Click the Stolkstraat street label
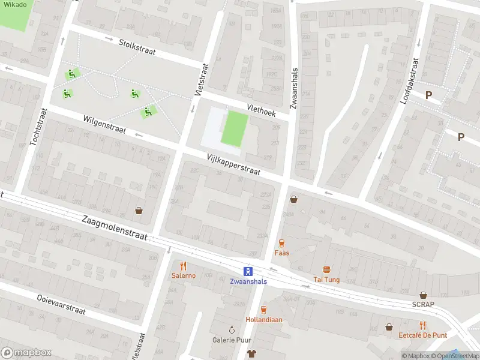[x=137, y=47]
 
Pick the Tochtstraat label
[x=38, y=127]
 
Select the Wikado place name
[x=13, y=4]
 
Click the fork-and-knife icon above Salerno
[x=184, y=266]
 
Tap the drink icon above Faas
[x=281, y=243]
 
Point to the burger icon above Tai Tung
[x=326, y=269]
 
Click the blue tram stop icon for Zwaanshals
[x=247, y=271]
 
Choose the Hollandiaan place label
[x=263, y=320]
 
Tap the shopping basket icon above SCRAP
[x=423, y=295]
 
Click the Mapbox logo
[x=26, y=352]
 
